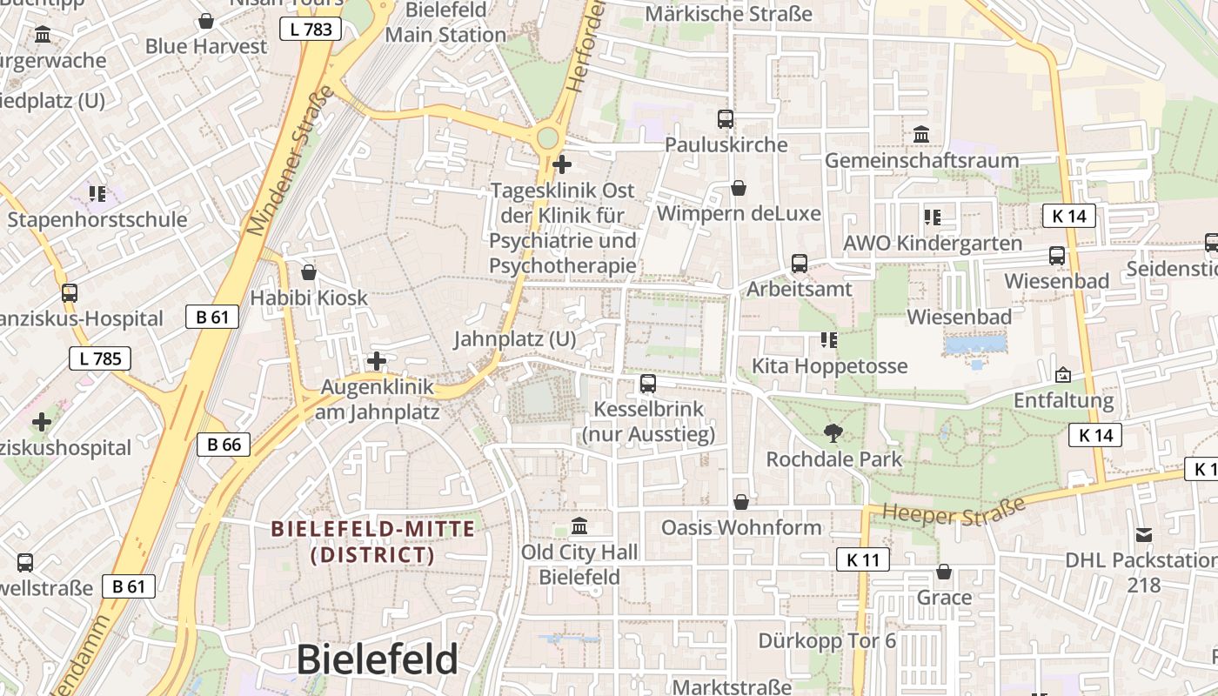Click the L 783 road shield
tap(311, 30)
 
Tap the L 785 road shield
tap(100, 358)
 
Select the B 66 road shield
tap(224, 445)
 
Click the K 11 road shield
tap(863, 559)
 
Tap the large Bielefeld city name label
tap(377, 659)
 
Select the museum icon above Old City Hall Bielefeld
tap(579, 526)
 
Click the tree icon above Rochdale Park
tap(833, 432)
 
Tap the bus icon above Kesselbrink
tap(648, 384)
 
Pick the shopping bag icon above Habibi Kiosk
tap(309, 272)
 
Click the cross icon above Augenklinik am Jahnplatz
tap(377, 360)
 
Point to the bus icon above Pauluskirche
tap(726, 119)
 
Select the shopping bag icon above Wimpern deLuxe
tap(739, 188)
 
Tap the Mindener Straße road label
tap(290, 161)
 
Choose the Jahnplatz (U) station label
tap(514, 338)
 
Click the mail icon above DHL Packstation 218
tap(1143, 534)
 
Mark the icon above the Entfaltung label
tap(1063, 375)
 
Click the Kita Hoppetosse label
tap(829, 365)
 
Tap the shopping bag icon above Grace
tap(944, 572)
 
